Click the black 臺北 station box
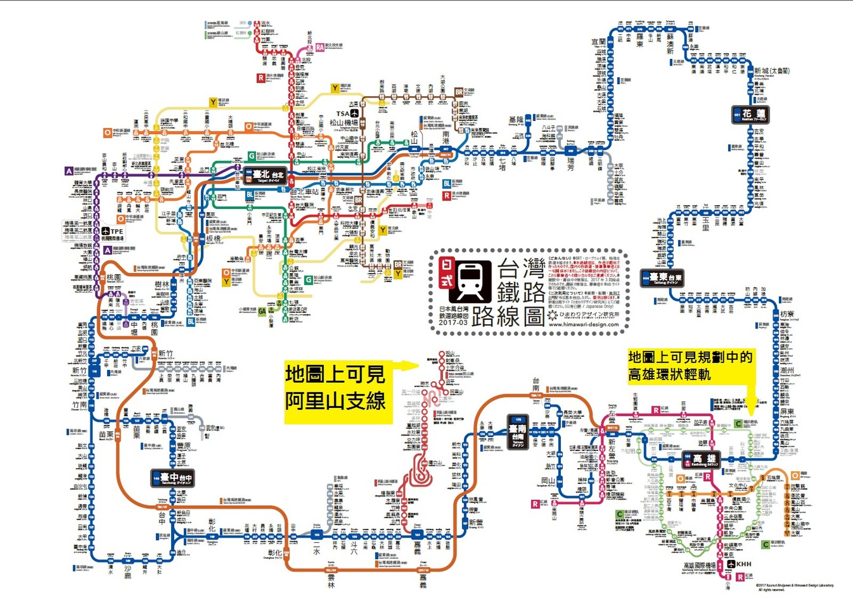coord(265,175)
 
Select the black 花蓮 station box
coord(750,115)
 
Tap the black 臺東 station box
coord(662,278)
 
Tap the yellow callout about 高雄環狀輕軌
coord(690,366)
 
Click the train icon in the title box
coord(470,281)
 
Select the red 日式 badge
coord(447,273)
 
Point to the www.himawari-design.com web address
coord(583,324)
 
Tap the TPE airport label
coord(113,231)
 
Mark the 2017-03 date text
coord(453,323)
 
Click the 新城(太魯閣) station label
coord(771,71)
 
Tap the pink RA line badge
coord(320,47)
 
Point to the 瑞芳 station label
coord(571,164)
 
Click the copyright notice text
coord(794,588)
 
